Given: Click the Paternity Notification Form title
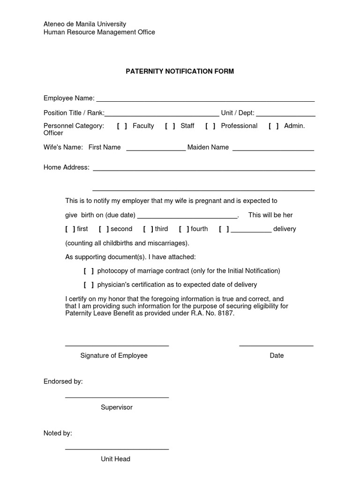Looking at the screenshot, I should click(180, 72).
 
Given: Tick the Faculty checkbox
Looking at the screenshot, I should click(122, 126).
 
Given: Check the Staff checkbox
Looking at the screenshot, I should click(170, 126).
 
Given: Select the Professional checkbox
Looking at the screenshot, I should click(210, 126).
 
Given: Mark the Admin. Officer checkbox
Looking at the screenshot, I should click(274, 126).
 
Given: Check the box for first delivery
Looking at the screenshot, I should click(70, 229).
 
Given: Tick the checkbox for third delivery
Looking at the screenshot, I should click(148, 229).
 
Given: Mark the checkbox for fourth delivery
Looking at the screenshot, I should click(184, 229).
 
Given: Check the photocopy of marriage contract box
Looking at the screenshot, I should click(89, 271).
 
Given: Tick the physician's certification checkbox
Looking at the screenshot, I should click(89, 285).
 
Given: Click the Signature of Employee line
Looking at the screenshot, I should click(117, 345).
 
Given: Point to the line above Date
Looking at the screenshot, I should click(276, 345).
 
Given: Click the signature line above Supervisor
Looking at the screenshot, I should click(117, 397).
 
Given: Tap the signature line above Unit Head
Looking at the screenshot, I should click(117, 449).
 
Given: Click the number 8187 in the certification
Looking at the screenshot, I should click(225, 314).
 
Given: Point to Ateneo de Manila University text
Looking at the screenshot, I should click(85, 24).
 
